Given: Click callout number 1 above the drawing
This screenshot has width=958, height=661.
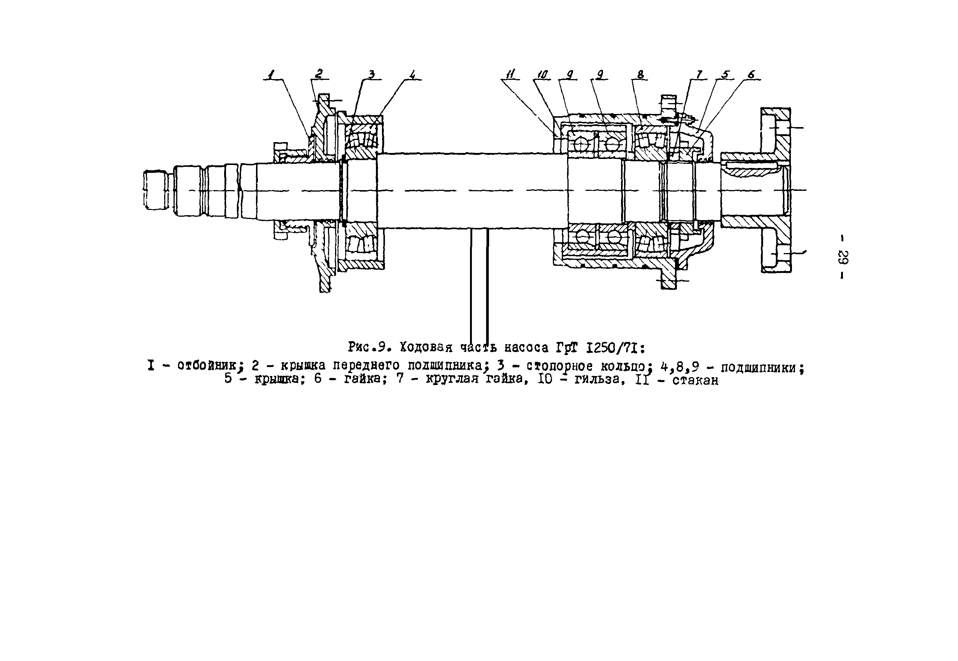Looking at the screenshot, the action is [271, 75].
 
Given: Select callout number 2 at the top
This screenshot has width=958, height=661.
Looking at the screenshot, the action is [319, 74].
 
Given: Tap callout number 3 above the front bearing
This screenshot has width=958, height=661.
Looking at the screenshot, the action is [371, 75].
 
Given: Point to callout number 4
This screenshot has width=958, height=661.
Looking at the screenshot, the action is [412, 75].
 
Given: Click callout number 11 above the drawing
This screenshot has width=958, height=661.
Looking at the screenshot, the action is [510, 75].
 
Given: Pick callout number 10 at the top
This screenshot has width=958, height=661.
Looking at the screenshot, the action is [542, 75].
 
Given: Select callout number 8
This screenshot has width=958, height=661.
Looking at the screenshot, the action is [641, 75].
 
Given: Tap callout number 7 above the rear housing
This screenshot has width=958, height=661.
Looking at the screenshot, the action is [699, 75].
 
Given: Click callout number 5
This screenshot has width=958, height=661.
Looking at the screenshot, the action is [725, 75].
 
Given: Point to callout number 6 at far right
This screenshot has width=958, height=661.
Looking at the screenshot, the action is [751, 75].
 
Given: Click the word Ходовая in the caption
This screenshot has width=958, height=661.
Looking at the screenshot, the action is [426, 347].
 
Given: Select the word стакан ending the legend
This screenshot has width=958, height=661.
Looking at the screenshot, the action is [695, 380].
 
